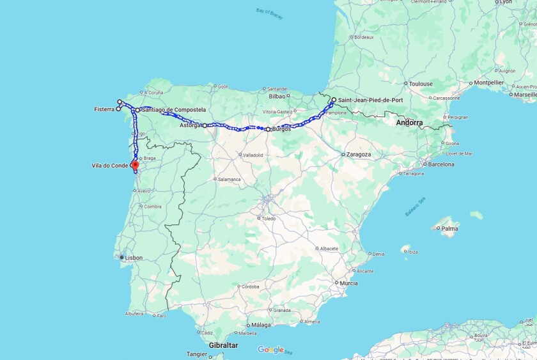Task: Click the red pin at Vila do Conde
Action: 135,164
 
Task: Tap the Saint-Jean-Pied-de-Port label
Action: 370,100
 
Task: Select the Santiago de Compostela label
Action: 174,110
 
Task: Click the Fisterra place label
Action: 104,109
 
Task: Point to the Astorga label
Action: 190,125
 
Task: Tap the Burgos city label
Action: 281,129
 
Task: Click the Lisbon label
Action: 134,258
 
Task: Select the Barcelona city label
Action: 441,164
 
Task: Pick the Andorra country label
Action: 409,122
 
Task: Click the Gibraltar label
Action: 223,345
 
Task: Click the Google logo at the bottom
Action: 270,350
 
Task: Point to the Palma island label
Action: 449,228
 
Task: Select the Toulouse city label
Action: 421,84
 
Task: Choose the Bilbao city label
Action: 277,97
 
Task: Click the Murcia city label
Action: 349,283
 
